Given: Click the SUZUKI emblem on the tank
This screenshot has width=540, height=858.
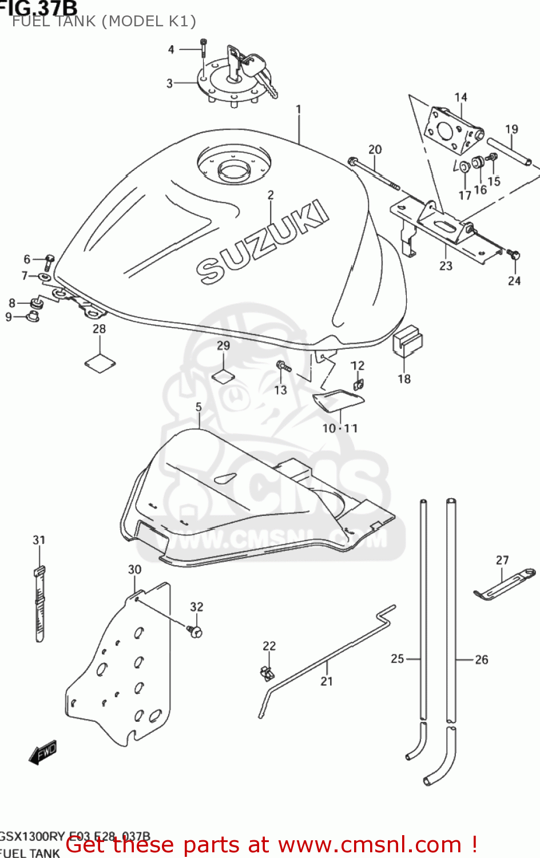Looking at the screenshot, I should (x=263, y=243).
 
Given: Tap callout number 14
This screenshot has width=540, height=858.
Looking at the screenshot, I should (x=460, y=97).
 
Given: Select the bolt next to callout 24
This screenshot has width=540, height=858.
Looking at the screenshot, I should (x=514, y=256).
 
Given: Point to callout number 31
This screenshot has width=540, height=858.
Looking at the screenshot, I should (x=39, y=540).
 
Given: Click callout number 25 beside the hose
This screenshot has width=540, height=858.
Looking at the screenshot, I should (x=397, y=659).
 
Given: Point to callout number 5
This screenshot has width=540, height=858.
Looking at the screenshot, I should (x=198, y=407).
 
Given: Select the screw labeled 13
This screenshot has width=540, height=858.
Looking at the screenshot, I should (x=283, y=366).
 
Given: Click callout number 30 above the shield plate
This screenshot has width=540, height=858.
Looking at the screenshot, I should (x=134, y=570).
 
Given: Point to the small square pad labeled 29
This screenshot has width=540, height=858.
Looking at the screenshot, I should (x=223, y=375).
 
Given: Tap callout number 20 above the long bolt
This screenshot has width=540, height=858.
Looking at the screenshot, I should (x=375, y=149).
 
